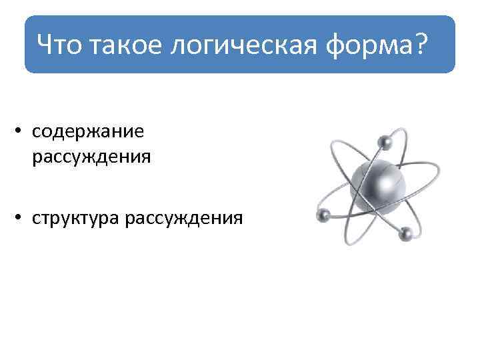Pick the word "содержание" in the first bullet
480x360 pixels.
click(87, 131)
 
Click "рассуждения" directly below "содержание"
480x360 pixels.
click(91, 157)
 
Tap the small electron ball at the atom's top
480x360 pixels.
click(385, 141)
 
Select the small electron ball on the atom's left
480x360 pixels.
click(325, 215)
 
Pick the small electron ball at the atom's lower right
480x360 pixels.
click(404, 233)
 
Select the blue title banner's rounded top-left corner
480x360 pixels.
click(29, 21)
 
